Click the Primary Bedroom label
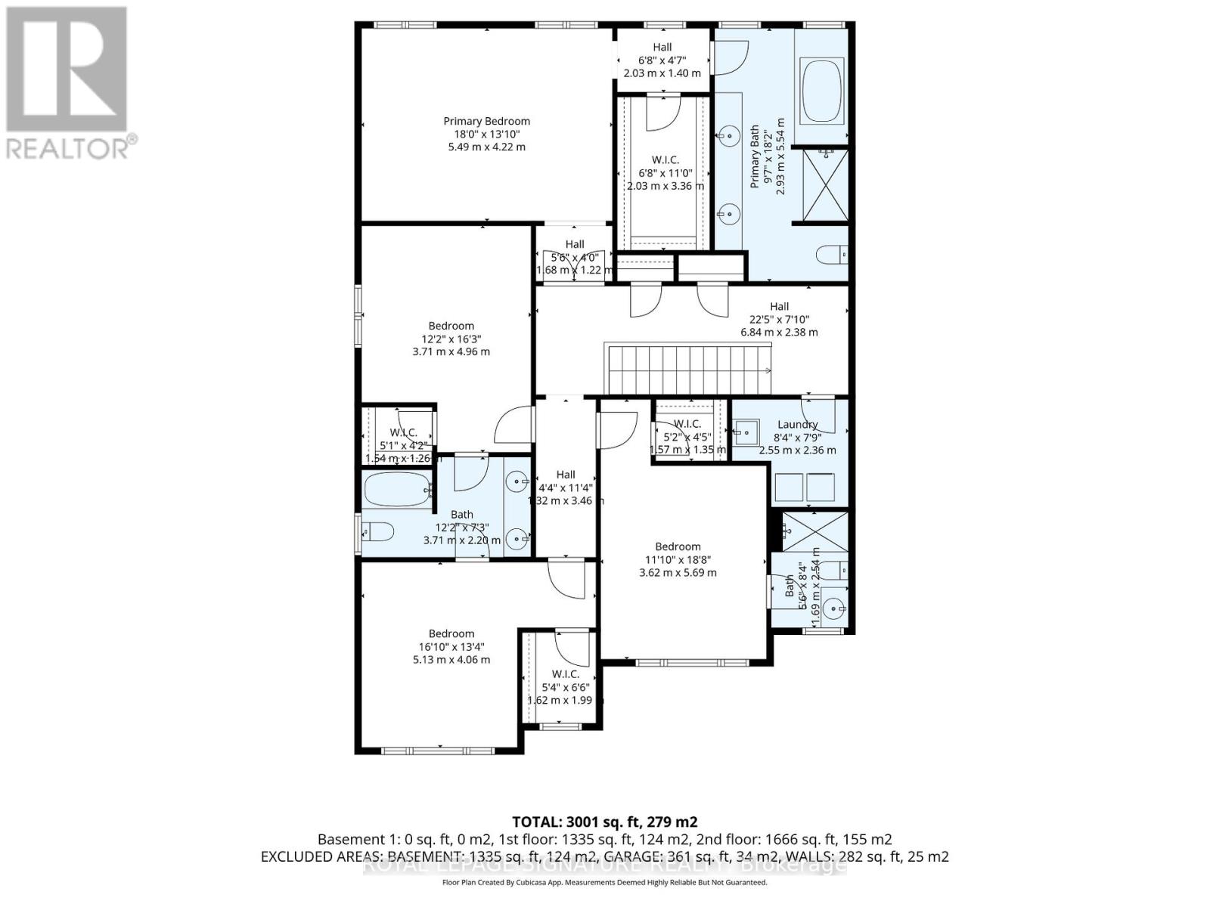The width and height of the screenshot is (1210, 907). (486, 121)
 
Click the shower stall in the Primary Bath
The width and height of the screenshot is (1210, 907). (824, 185)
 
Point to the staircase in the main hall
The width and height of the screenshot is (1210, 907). (687, 369)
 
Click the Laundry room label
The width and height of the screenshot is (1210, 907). (797, 425)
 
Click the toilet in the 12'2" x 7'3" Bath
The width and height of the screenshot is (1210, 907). (378, 533)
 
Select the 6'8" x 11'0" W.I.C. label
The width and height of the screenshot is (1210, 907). (665, 160)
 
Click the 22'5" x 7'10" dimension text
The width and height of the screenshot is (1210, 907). (779, 319)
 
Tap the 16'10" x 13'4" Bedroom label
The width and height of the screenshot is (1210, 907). (451, 634)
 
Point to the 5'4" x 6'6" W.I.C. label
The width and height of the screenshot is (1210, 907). (565, 674)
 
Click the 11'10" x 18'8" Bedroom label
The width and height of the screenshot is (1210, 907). (678, 546)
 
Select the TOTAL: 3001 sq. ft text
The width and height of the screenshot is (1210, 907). (604, 822)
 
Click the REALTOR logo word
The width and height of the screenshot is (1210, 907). (68, 147)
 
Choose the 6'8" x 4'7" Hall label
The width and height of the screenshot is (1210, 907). (662, 47)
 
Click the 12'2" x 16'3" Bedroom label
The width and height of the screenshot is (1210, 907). (451, 327)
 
